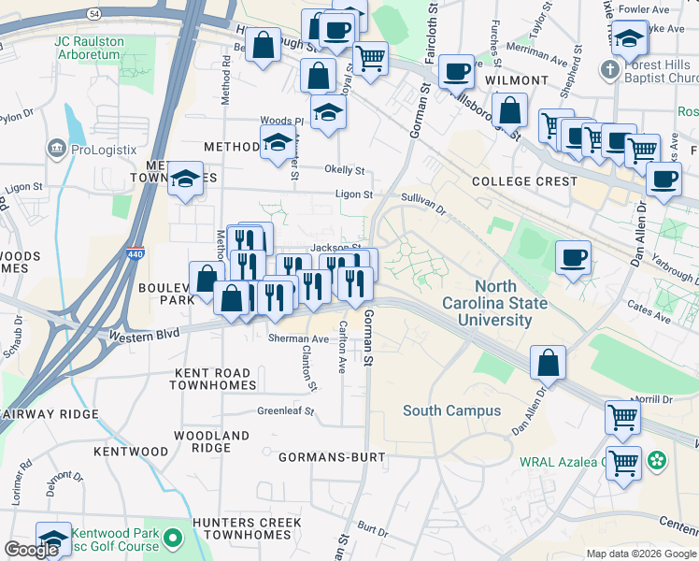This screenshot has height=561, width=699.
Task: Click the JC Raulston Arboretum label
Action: pyautogui.click(x=88, y=48)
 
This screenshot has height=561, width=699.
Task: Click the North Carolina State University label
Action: pyautogui.click(x=503, y=304)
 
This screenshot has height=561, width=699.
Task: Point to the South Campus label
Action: pyautogui.click(x=451, y=410)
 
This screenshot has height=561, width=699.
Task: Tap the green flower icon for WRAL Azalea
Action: pyautogui.click(x=658, y=459)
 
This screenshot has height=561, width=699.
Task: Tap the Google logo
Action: pyautogui.click(x=31, y=550)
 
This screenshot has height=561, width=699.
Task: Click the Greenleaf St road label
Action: pyautogui.click(x=286, y=410)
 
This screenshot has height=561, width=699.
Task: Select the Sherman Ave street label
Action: pyautogui.click(x=298, y=338)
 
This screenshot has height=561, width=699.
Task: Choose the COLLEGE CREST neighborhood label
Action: pyautogui.click(x=524, y=181)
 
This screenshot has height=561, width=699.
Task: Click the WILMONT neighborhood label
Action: pyautogui.click(x=516, y=81)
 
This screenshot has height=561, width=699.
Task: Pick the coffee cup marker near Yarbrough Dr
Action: pyautogui.click(x=573, y=256)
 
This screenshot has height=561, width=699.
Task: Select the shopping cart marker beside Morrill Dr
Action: pyautogui.click(x=622, y=417)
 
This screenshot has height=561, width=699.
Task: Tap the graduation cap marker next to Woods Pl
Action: pyautogui.click(x=328, y=113)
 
